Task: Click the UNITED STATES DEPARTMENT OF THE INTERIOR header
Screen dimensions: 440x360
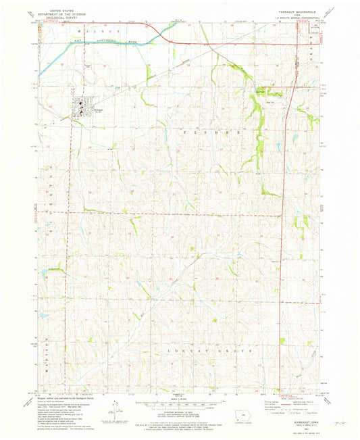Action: click(x=60, y=11)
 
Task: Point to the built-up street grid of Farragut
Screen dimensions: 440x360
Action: click(x=80, y=106)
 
